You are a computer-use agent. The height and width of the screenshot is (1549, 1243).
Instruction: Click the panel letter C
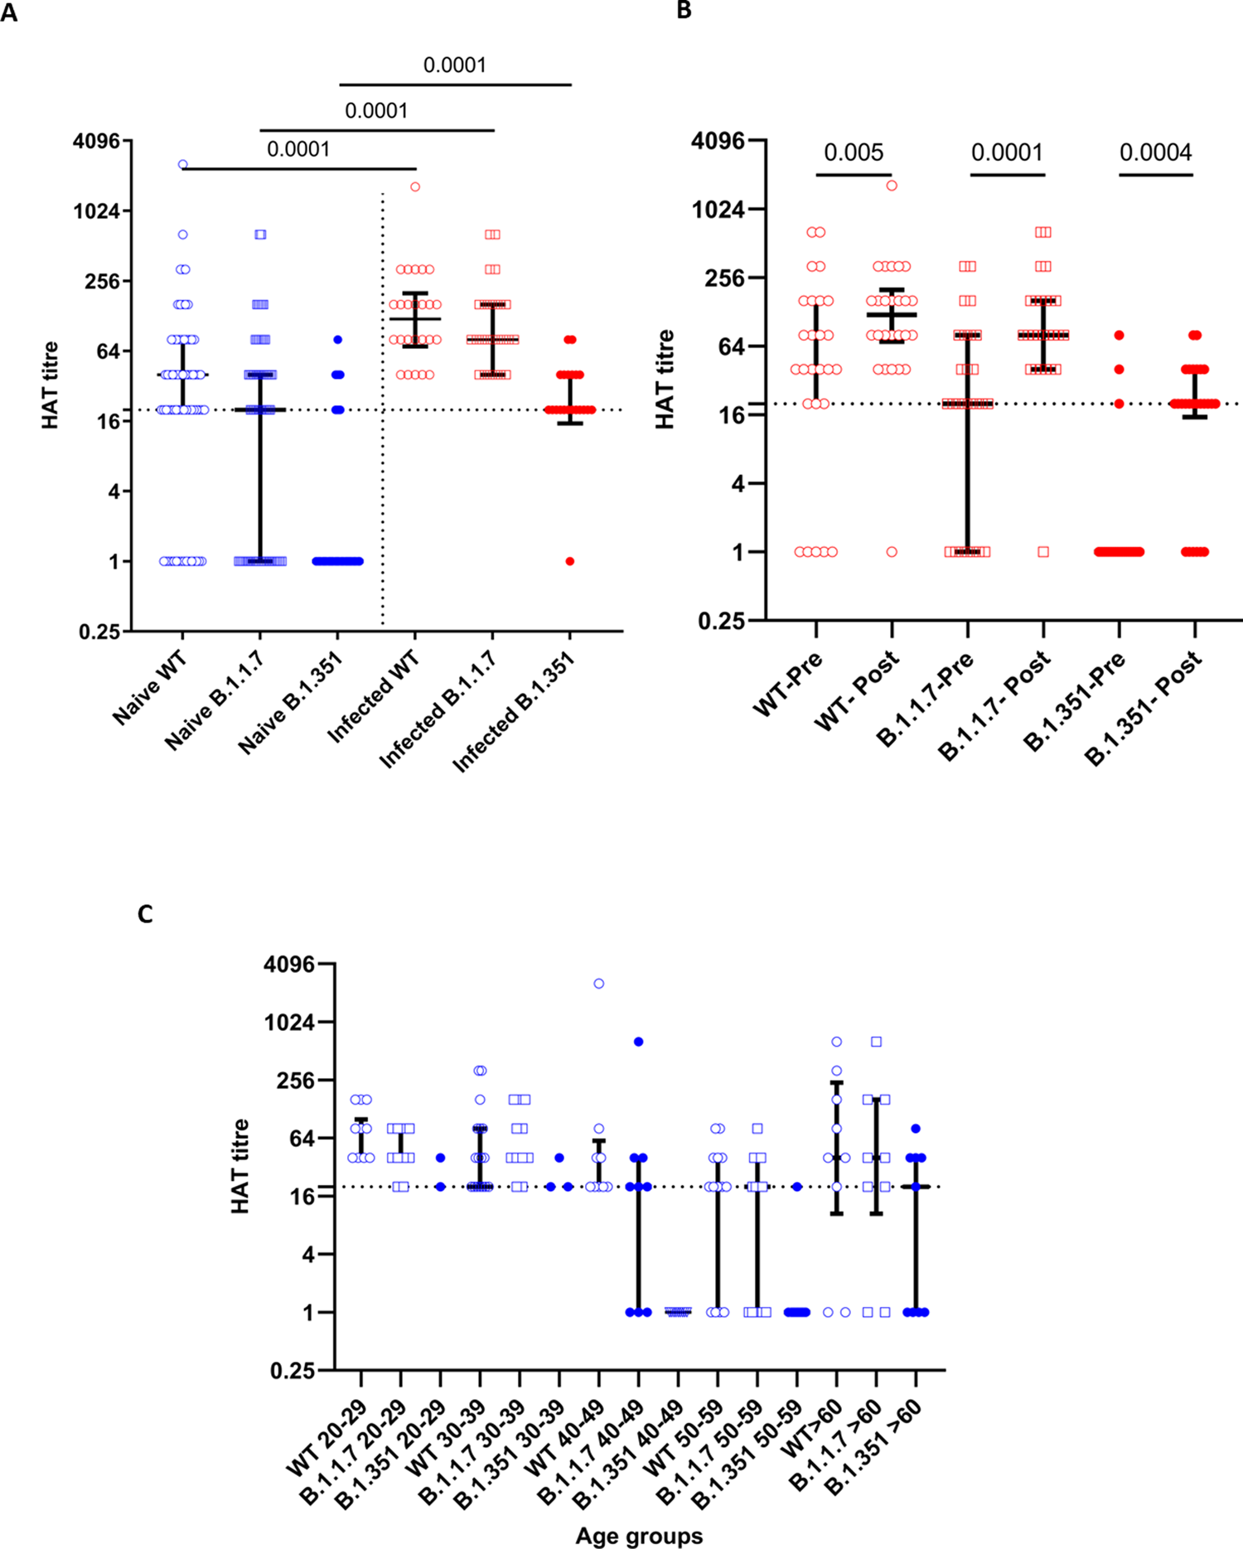pos(145,914)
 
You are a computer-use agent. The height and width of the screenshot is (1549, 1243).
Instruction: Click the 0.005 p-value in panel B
pos(853,152)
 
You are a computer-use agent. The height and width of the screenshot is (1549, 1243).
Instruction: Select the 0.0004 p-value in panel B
pos(1155,152)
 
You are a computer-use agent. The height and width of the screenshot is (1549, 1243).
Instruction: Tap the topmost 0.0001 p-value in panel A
pos(454,65)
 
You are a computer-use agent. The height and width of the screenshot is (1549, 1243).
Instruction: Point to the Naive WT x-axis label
pos(151,687)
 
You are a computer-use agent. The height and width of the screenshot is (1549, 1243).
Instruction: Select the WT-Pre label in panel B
pos(788,684)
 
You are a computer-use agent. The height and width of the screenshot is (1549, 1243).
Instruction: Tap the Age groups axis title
pos(639,1536)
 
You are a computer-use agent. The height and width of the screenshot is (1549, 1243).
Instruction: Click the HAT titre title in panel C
pos(240,1166)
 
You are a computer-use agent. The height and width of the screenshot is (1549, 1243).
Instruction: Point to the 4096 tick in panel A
pos(96,141)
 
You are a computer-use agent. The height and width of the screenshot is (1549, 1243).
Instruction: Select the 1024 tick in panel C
pos(289,1023)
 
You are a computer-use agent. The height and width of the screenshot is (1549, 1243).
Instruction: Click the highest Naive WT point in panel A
pos(183,165)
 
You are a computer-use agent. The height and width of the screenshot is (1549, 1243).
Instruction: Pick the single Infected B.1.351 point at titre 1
pos(570,561)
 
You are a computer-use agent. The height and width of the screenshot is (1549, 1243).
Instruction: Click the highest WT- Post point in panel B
pos(892,186)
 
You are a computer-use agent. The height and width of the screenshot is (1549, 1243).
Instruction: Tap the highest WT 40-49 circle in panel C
pos(598,984)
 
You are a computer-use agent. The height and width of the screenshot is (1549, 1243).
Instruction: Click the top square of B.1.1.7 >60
pos(876,1042)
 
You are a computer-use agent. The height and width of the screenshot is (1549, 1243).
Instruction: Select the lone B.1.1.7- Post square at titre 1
pos(1043,552)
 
